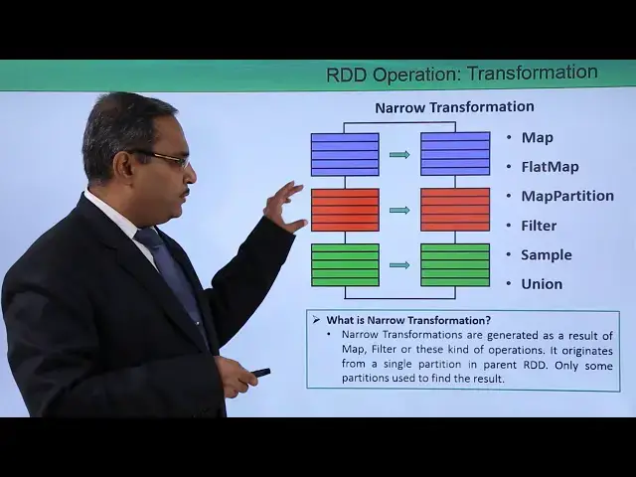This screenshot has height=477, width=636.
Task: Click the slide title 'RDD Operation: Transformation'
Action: (461, 74)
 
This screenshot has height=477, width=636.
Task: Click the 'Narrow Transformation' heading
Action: (453, 106)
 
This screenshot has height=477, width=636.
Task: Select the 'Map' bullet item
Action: (537, 137)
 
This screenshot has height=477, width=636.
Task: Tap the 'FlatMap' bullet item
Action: (549, 167)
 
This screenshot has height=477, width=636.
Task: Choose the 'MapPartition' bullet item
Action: (566, 196)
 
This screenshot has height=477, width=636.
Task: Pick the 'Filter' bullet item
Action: (539, 226)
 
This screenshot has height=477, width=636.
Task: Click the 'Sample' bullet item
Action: (546, 254)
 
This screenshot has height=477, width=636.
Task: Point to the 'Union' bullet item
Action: (542, 284)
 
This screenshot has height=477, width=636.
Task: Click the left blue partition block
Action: (345, 154)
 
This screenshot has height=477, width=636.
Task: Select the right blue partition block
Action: (455, 154)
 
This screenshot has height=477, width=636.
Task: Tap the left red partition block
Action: (345, 210)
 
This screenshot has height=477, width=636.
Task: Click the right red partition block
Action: (455, 210)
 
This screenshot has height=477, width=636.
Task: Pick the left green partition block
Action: (345, 264)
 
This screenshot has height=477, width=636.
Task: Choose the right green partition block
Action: (455, 264)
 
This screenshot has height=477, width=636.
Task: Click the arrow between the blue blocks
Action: (399, 154)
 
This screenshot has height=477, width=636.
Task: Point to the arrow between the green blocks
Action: (399, 264)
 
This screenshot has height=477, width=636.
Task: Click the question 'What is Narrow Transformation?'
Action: (408, 320)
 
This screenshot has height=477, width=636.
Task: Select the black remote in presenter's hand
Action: (260, 372)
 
